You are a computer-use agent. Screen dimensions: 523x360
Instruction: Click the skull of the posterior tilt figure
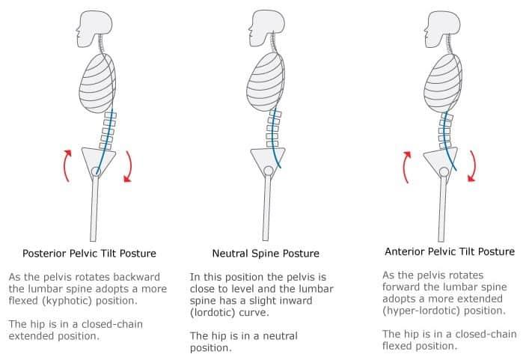tap(94, 28)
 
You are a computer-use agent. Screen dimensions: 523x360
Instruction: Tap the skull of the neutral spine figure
tap(267, 28)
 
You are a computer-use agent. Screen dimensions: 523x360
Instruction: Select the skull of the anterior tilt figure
tap(442, 29)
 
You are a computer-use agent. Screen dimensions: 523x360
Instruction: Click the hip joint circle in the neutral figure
tap(268, 171)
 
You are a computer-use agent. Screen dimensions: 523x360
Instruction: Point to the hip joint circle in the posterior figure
tap(96, 171)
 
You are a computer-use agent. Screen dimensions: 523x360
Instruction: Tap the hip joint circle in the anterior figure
tap(444, 172)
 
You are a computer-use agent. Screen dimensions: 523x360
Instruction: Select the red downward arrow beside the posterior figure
tap(129, 167)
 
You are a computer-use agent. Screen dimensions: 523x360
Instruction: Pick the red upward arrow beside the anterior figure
tap(405, 167)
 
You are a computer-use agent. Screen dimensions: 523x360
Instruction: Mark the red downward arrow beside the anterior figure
tap(474, 166)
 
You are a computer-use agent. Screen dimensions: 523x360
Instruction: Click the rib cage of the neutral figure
tap(266, 83)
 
